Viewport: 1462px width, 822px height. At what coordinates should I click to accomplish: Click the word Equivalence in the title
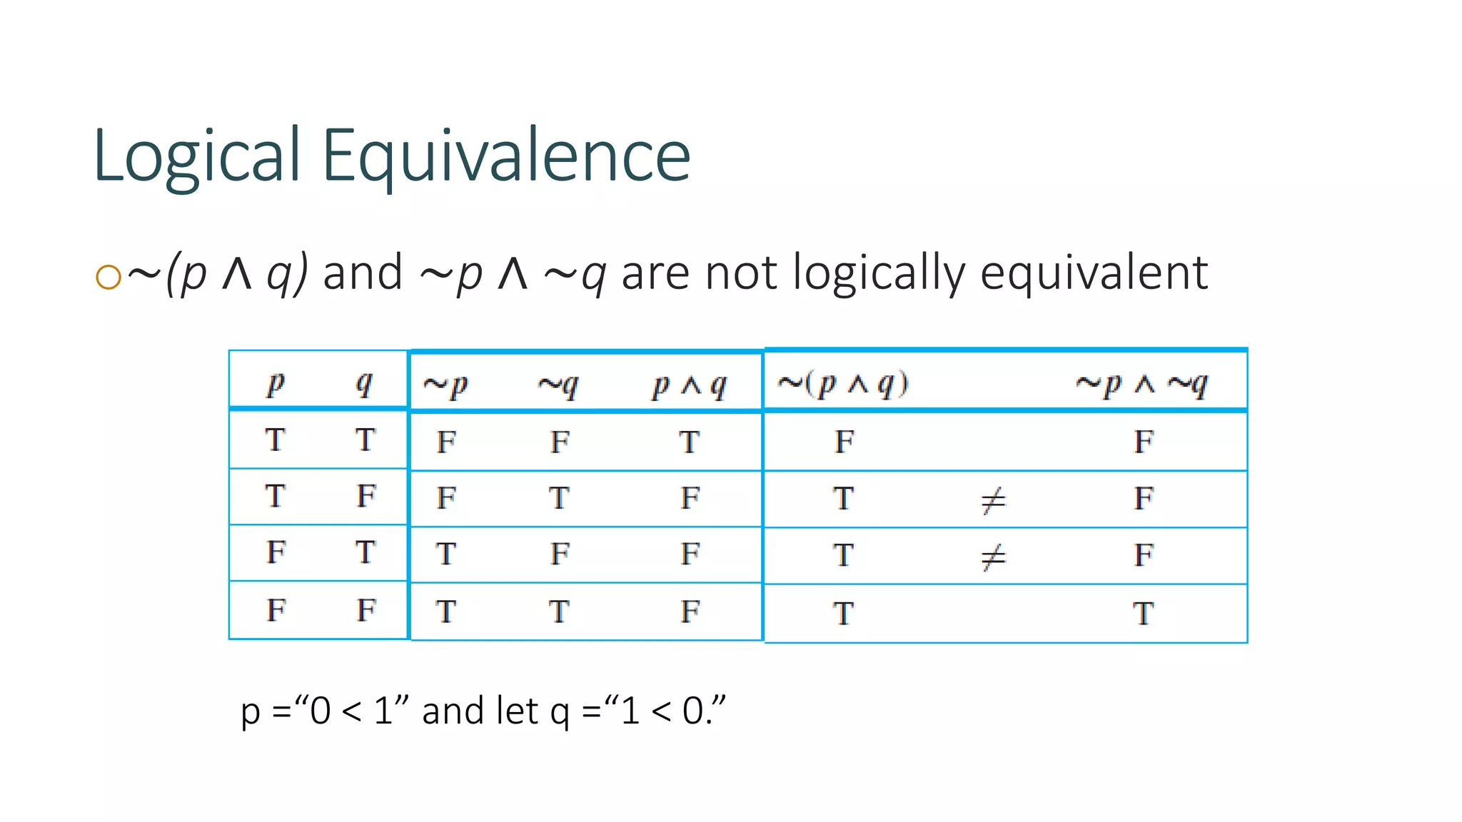point(506,156)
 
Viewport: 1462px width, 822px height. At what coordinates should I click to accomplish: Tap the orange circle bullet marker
point(108,277)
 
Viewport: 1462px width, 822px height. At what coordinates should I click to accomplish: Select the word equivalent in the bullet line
point(1094,273)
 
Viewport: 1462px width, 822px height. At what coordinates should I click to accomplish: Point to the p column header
point(276,385)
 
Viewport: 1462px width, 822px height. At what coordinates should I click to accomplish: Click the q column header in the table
point(364,385)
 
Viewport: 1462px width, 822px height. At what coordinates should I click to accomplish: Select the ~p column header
point(445,386)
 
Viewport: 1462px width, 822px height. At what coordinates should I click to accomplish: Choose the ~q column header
point(558,386)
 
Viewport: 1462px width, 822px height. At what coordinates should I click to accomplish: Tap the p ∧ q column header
point(689,386)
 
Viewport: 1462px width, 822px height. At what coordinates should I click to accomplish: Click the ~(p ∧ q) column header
point(842,385)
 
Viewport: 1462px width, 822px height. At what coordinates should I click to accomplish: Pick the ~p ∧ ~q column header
point(1141,385)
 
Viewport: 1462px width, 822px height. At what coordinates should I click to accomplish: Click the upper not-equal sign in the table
point(993,499)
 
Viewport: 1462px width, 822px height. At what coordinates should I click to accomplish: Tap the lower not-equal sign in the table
point(993,557)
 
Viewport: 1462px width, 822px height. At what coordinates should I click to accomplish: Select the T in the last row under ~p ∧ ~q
point(1143,614)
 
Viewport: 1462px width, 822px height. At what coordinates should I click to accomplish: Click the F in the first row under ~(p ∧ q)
point(845,442)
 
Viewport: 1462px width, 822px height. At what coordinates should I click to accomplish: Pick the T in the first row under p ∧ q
point(689,442)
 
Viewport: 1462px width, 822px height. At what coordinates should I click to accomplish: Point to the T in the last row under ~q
point(559,612)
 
